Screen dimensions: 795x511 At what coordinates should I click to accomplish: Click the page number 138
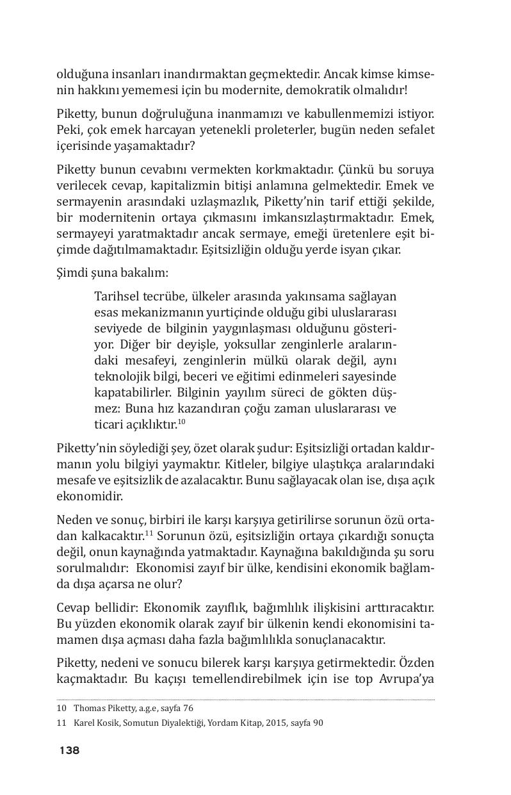69,750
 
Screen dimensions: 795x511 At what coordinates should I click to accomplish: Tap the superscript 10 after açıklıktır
181,422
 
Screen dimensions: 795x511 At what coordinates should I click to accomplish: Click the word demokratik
306,90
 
